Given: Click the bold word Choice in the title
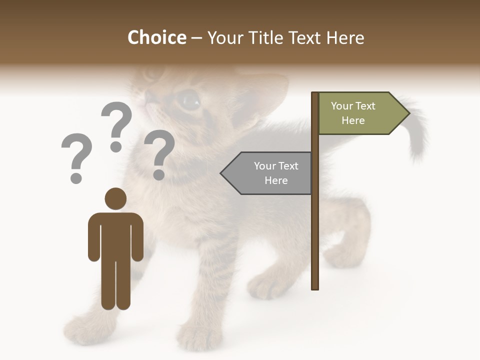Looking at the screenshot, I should pos(156,37).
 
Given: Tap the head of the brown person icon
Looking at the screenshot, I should pos(115,199).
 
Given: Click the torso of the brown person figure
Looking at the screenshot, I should pos(115,235).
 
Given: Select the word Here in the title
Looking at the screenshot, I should pos(345,37).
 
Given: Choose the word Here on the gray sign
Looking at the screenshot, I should pos(276,180).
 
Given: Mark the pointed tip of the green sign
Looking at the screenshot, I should pos(408,113).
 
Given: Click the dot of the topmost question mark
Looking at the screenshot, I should pos(116,146).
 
